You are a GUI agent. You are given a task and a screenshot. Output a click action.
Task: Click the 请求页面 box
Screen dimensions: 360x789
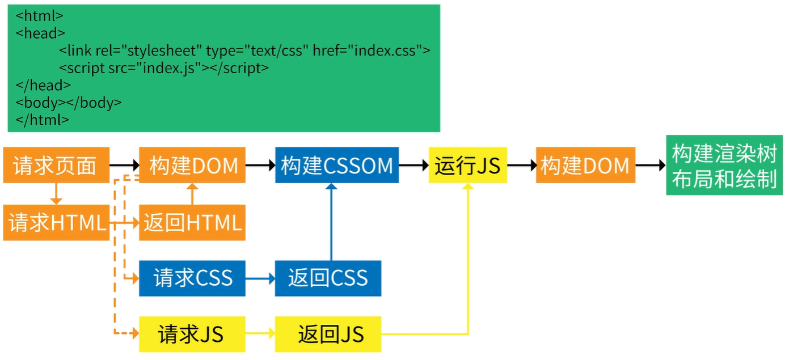(x=56, y=166)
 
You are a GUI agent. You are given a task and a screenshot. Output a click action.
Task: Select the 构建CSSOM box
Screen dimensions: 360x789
(x=336, y=166)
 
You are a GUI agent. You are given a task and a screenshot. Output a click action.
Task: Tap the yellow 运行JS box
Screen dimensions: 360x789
(x=467, y=166)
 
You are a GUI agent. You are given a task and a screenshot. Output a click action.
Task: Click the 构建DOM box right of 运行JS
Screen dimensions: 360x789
(x=585, y=166)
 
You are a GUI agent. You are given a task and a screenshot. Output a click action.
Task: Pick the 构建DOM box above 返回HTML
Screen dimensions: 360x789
(x=192, y=166)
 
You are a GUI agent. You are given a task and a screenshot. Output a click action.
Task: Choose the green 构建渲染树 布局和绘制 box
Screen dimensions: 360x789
(x=724, y=166)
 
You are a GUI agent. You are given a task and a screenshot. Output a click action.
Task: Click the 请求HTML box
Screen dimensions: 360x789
(x=56, y=223)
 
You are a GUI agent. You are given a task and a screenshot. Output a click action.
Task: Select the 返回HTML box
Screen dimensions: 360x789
(x=192, y=223)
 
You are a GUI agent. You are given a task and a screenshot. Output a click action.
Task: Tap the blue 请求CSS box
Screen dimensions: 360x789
(x=192, y=278)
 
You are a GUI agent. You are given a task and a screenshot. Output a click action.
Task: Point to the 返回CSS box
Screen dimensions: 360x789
(x=328, y=278)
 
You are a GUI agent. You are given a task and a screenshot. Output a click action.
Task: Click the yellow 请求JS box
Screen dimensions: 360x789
(x=192, y=334)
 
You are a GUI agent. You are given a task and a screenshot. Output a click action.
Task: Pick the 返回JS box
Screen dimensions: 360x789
(x=328, y=334)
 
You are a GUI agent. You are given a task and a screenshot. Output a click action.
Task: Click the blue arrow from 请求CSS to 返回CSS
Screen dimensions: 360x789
(x=260, y=278)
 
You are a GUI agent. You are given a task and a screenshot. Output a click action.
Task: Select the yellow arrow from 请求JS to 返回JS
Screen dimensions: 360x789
(x=260, y=334)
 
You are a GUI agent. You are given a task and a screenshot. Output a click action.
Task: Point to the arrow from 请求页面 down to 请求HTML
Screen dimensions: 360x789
(x=56, y=194)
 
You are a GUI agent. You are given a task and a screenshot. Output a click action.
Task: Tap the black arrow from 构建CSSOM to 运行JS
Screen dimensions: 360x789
(x=414, y=166)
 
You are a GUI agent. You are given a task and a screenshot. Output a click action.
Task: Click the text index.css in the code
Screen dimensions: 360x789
(x=385, y=51)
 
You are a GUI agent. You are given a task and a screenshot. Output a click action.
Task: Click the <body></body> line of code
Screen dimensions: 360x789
(x=69, y=103)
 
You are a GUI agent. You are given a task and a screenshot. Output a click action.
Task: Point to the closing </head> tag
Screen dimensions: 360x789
(x=44, y=86)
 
